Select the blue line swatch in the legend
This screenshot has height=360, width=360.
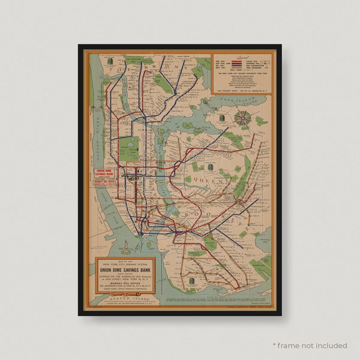click(x=238, y=61)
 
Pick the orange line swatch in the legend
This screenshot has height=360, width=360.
click(x=238, y=67)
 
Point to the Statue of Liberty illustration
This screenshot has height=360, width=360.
click(x=128, y=246)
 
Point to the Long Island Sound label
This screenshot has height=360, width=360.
click(x=243, y=98)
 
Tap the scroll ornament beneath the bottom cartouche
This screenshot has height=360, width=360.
click(x=125, y=296)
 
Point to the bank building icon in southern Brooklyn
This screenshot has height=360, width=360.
click(x=192, y=280)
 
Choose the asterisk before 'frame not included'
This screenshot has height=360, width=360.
click(x=274, y=345)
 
